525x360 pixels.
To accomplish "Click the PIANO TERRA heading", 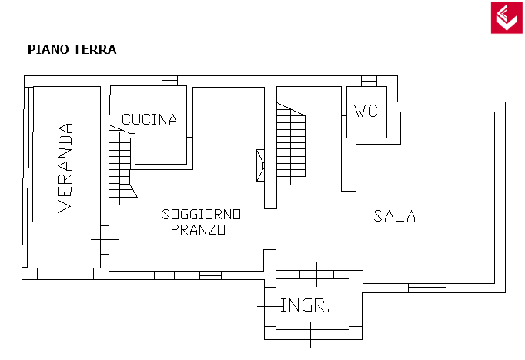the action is [72, 49].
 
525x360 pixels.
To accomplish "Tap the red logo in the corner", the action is [507, 18].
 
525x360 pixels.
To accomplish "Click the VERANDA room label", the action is [65, 168].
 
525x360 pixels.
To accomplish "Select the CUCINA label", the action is [149, 119].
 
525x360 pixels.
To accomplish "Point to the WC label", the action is [366, 111].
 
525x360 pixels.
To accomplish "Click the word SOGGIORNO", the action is [201, 215].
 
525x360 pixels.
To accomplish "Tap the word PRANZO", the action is [198, 229].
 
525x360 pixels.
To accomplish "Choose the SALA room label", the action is [395, 216].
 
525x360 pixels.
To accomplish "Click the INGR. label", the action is [305, 305].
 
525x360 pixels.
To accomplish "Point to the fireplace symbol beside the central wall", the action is [260, 165].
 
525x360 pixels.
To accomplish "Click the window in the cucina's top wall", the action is [170, 81].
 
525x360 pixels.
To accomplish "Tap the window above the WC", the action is [369, 81].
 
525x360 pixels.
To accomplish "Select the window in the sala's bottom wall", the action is [427, 288].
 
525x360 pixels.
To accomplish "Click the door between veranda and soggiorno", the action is [105, 239].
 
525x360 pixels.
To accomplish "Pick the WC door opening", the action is [344, 125].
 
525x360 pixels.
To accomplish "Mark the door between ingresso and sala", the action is [316, 275].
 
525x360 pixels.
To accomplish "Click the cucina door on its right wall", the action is [189, 148].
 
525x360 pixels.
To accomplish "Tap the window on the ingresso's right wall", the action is [356, 317].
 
